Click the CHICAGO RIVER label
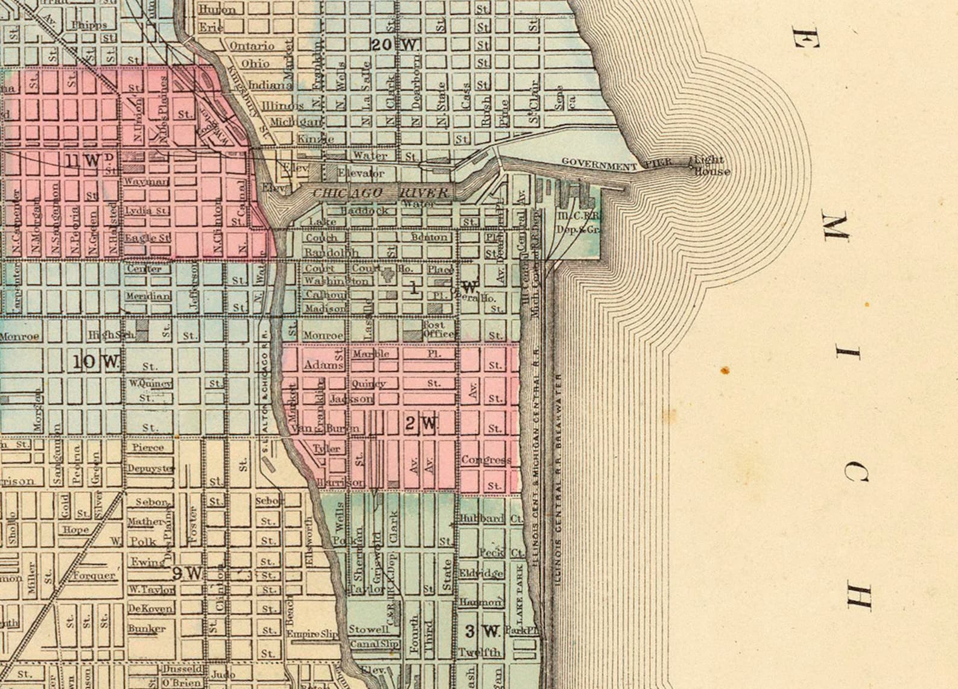coord(381,193)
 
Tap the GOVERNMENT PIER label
coord(617,163)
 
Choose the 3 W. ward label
coord(483,631)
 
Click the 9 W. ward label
coord(186,573)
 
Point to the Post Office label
coord(438,329)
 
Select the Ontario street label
coord(252,46)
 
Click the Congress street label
coord(486,460)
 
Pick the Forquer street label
coord(94,575)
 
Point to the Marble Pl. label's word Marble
coord(371,354)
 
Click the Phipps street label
coord(89,25)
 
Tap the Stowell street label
coord(369,629)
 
